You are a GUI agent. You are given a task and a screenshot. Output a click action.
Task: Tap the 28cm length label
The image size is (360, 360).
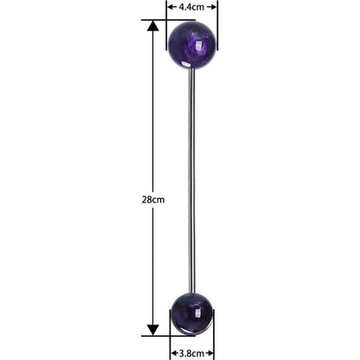coord(153,200)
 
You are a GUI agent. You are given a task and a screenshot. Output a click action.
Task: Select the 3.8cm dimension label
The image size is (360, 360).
coord(191,353)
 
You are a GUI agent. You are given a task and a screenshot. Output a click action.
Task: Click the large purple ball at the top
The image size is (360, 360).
coord(192,45)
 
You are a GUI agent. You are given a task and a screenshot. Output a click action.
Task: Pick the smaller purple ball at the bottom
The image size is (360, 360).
coord(192,314)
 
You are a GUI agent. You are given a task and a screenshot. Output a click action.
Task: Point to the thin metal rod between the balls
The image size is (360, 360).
coord(191,181)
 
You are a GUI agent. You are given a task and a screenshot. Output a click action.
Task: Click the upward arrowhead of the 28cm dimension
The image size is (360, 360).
coord(153,26)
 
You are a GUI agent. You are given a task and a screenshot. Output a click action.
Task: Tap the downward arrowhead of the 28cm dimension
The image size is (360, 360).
coord(153,330)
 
